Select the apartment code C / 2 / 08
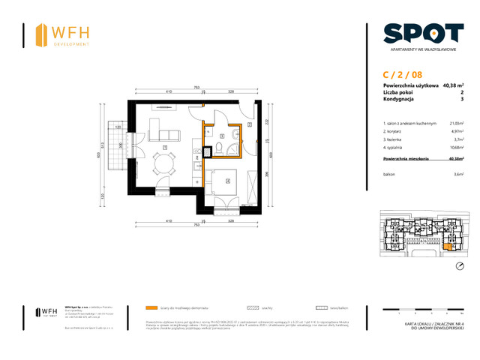coord(402,75)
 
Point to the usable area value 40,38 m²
coord(453,86)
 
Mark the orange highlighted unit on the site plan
coord(448,246)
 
